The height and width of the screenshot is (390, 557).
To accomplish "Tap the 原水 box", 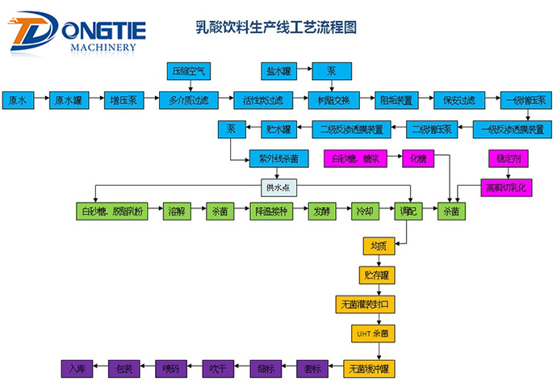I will click(x=17, y=101).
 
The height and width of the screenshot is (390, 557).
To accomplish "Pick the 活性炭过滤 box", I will click(x=263, y=101).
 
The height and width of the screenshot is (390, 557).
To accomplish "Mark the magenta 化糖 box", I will click(x=418, y=157).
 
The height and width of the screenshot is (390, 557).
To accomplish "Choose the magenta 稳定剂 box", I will click(x=505, y=157).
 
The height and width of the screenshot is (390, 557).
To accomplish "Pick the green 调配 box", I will click(x=404, y=212).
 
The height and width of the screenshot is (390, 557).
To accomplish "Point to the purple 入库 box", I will click(x=76, y=367).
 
